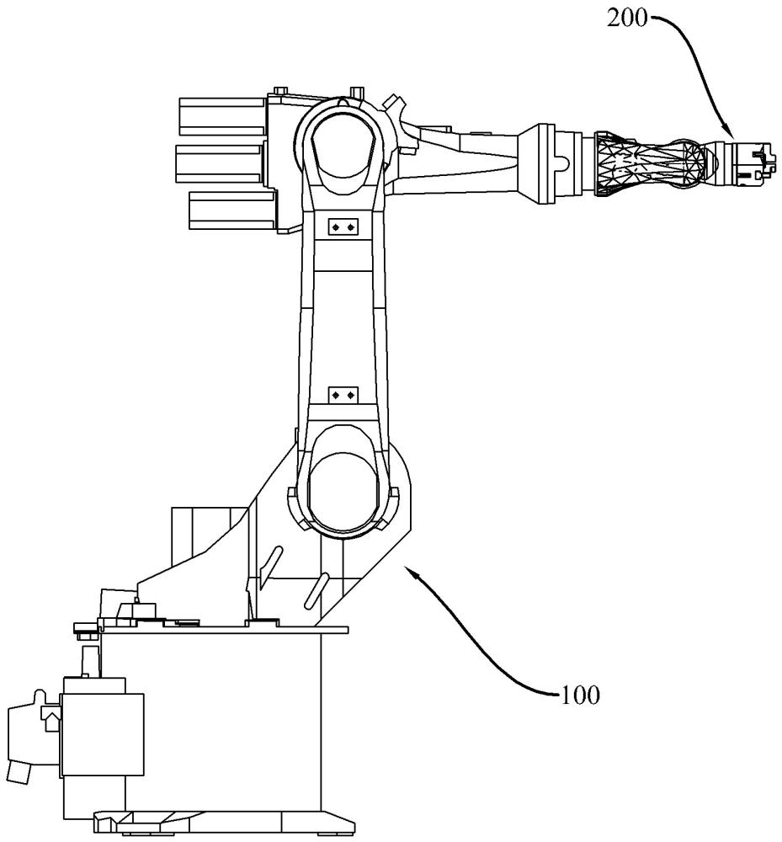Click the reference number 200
coord(627,19)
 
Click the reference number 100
coord(580,695)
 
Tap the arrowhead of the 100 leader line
coord(409,572)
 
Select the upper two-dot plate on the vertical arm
coord(343,227)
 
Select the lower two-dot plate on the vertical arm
coord(343,395)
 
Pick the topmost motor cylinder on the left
coord(223,116)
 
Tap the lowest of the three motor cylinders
coord(232,211)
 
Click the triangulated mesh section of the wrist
coord(651,163)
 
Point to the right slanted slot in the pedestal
coord(317,591)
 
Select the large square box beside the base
coord(103,734)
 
